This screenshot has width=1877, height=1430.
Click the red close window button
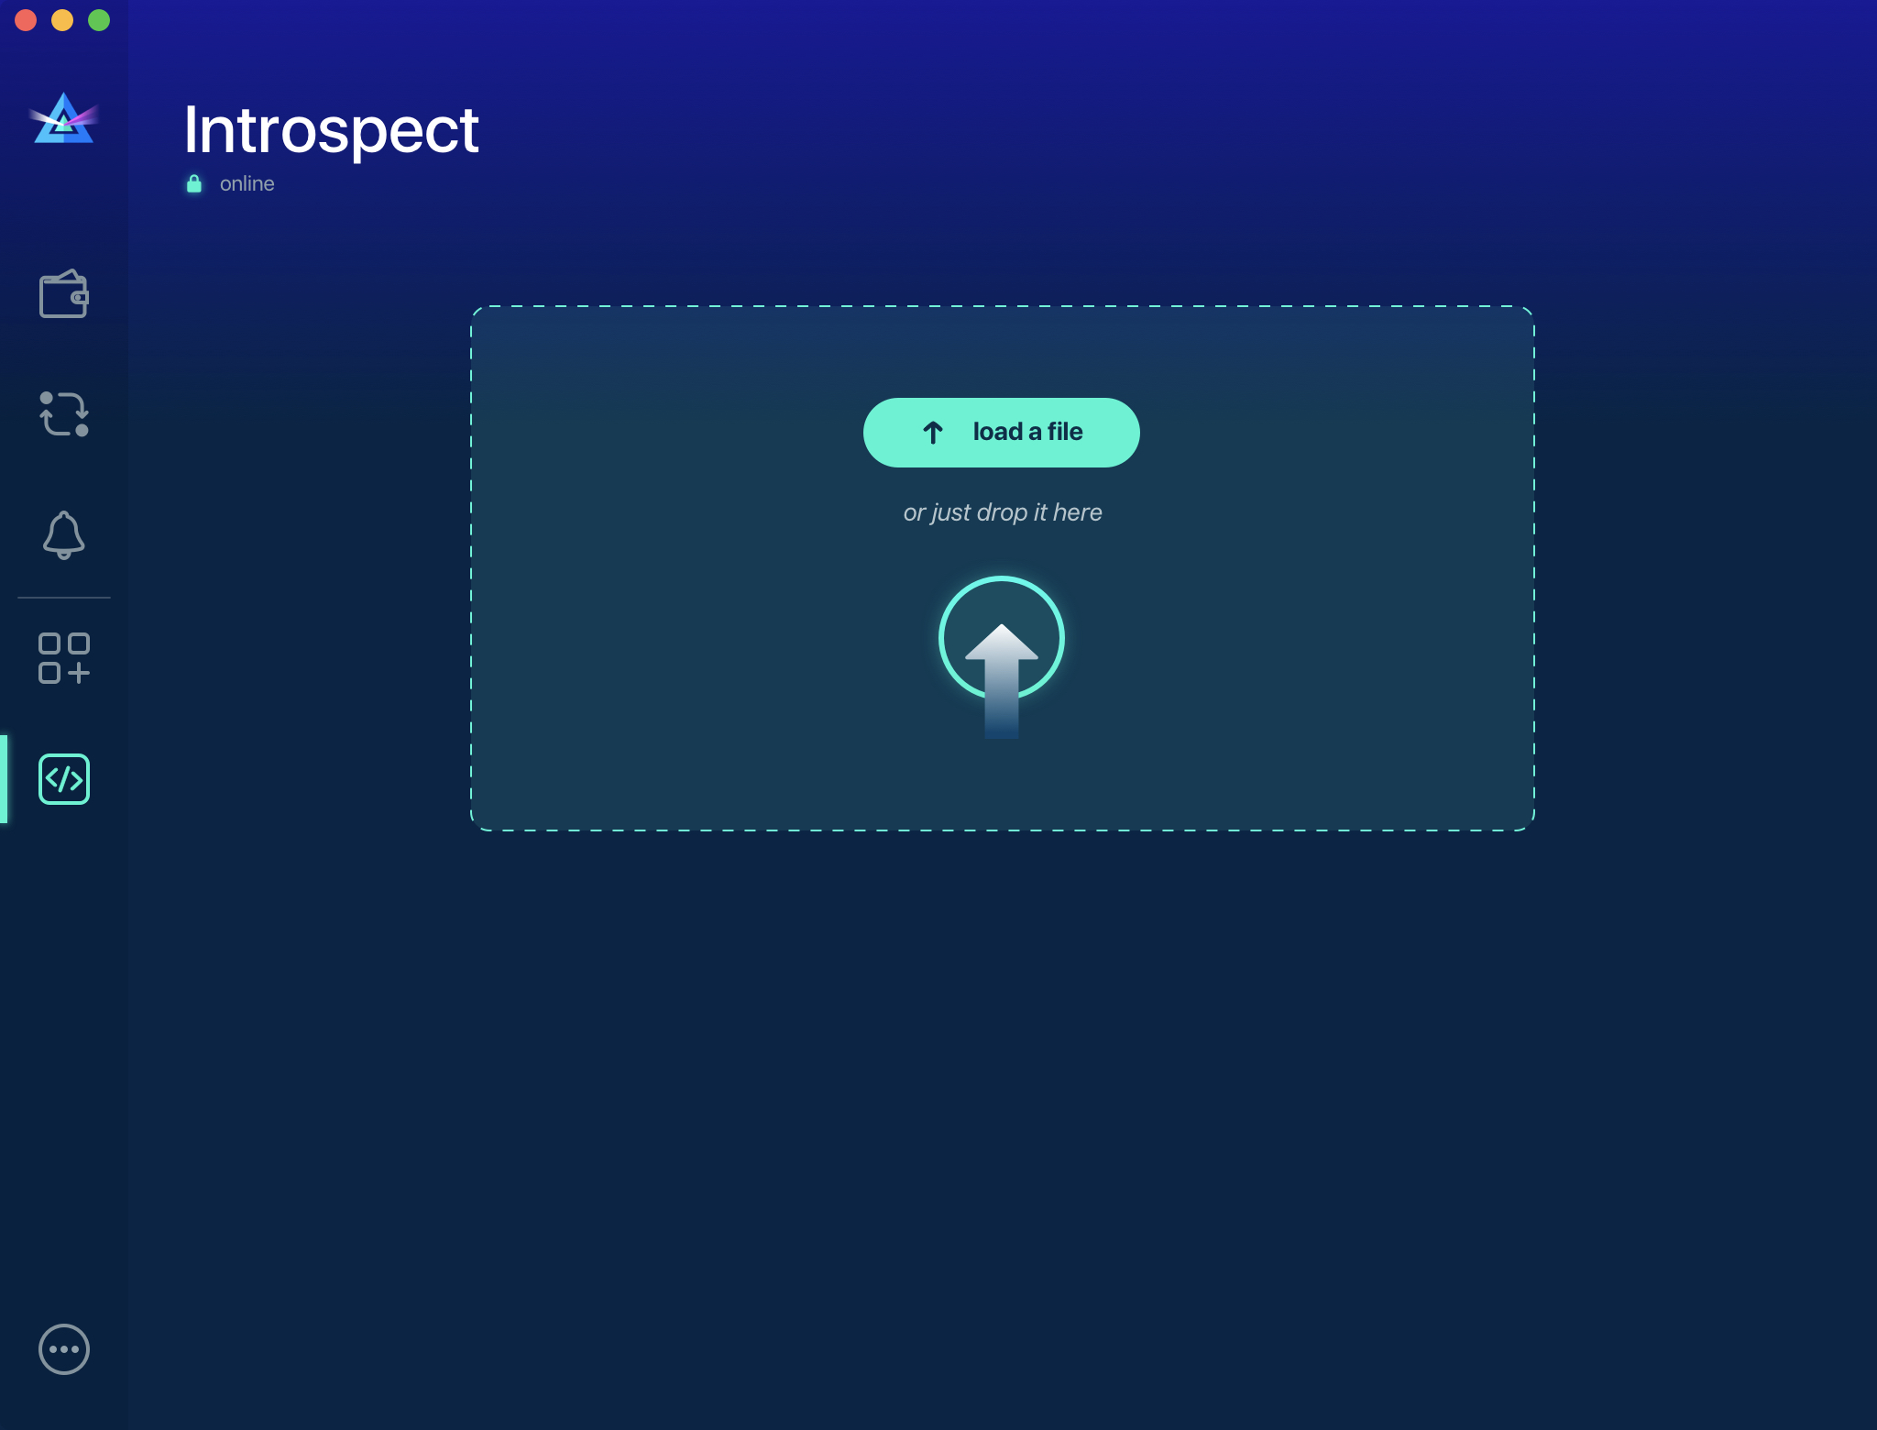pos(26,20)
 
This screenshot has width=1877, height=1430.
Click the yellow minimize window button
pos(62,20)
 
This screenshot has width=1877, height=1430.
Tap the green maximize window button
pos(99,20)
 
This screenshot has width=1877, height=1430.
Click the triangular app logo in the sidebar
pos(63,120)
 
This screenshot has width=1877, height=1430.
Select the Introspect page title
pos(331,130)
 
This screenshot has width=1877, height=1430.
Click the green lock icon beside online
pos(194,184)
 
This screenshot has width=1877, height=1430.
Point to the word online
pos(247,184)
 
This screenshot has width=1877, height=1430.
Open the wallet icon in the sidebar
pos(63,294)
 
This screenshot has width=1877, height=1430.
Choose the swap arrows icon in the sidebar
pos(63,414)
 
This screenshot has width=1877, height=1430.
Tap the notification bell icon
pos(63,534)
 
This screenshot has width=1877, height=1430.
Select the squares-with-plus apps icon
pos(63,658)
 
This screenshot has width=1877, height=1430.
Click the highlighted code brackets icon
pos(63,779)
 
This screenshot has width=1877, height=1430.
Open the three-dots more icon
pos(63,1349)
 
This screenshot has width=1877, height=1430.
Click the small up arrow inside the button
pos(933,433)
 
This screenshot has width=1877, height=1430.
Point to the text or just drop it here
pos(1003,512)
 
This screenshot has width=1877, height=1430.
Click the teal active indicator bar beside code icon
pos(4,779)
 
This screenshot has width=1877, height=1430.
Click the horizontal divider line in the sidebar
pos(63,598)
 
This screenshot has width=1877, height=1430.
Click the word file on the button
pos(1065,432)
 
